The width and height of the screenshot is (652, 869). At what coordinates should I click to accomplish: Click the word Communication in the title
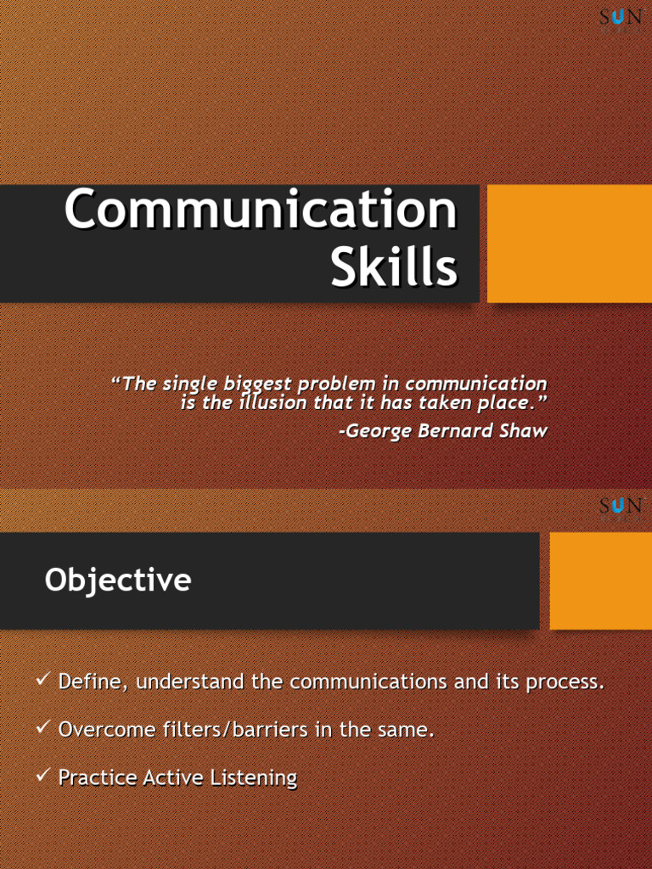click(x=261, y=210)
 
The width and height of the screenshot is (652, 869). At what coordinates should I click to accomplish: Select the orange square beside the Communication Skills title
click(x=569, y=244)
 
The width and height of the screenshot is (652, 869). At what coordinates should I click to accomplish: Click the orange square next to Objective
click(x=600, y=580)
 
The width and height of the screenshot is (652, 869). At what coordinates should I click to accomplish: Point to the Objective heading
click(x=118, y=580)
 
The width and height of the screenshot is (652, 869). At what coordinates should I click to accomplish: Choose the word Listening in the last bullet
click(x=258, y=777)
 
